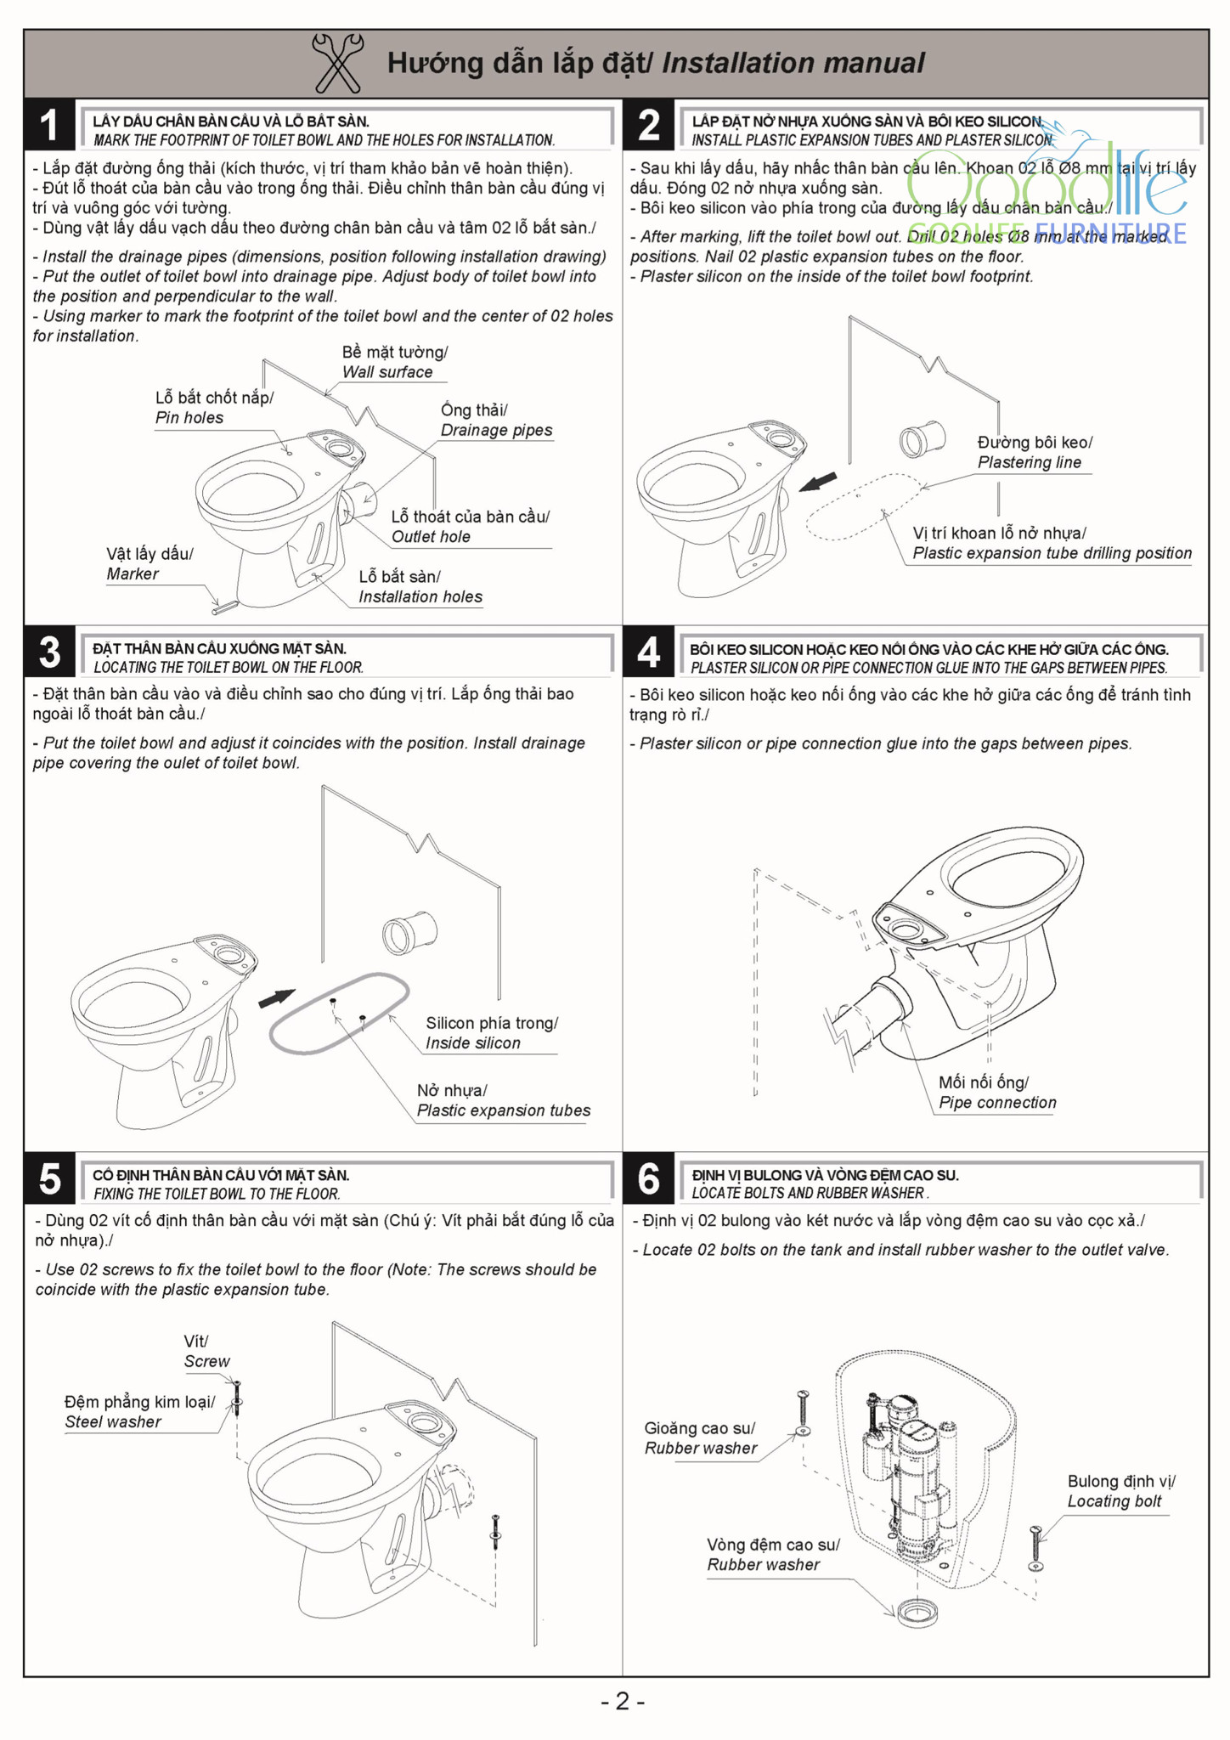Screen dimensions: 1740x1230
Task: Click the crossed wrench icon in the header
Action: click(x=337, y=63)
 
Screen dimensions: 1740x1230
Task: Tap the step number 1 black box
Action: click(x=50, y=125)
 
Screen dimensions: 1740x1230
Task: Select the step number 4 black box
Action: click(x=648, y=652)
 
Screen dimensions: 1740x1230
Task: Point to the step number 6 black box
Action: click(x=648, y=1178)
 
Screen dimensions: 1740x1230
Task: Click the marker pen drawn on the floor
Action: click(x=225, y=606)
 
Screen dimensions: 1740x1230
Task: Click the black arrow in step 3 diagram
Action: click(x=277, y=998)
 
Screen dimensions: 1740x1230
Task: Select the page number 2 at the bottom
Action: click(x=623, y=1701)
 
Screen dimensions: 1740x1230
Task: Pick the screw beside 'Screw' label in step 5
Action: click(x=237, y=1397)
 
